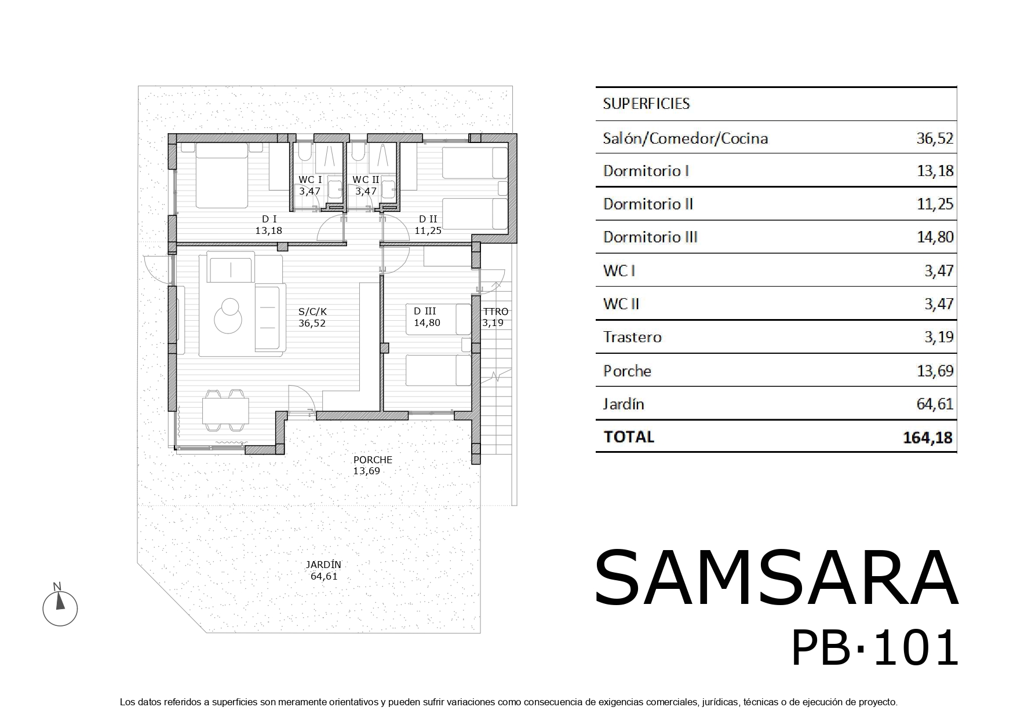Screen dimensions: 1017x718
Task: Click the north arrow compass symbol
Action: (x=60, y=607)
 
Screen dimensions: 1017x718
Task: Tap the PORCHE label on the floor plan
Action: (x=373, y=460)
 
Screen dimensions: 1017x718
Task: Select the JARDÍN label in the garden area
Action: (x=324, y=565)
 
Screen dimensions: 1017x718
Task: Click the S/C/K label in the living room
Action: (x=312, y=312)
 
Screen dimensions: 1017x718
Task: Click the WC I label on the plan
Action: (x=310, y=179)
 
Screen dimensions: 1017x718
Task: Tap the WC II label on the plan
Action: (x=366, y=179)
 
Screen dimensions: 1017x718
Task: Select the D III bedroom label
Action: (x=425, y=312)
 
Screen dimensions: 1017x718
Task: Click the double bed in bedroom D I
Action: (x=222, y=175)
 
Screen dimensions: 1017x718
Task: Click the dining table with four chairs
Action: (x=225, y=411)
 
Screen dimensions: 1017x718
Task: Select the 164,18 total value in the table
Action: (x=927, y=437)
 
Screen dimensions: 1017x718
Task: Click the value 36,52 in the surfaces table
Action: (x=935, y=138)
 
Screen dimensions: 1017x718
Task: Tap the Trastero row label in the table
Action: (x=632, y=337)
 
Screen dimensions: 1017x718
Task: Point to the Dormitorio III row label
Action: (x=650, y=237)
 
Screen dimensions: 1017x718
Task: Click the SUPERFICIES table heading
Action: (x=646, y=104)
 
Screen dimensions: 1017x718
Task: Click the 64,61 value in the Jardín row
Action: (x=935, y=404)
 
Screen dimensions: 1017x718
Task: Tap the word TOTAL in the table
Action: (x=629, y=437)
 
